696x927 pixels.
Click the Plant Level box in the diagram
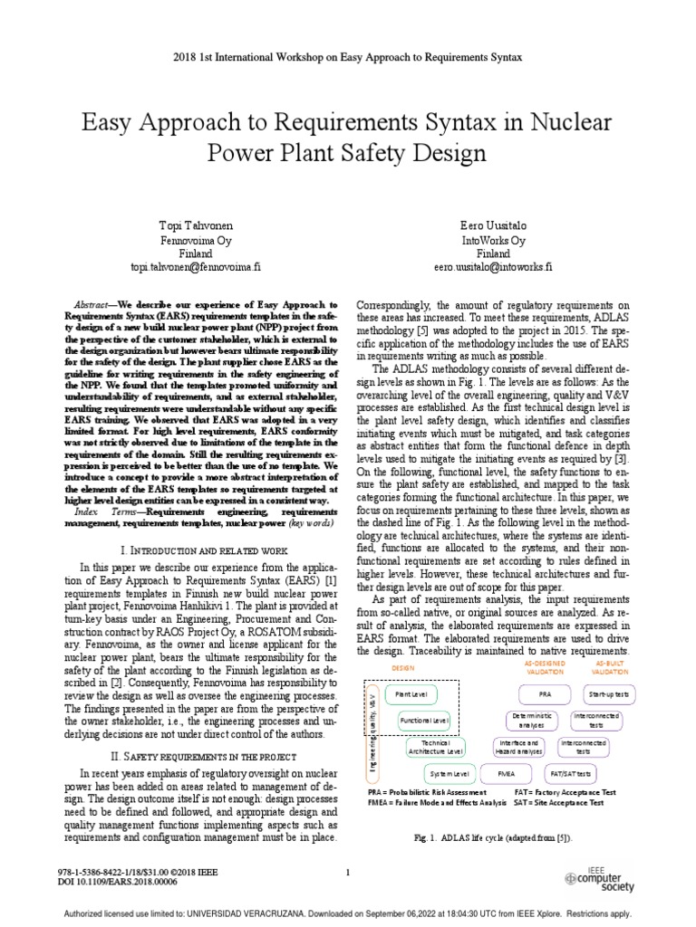[407, 694]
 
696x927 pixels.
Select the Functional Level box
[424, 721]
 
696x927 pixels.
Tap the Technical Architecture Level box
[436, 747]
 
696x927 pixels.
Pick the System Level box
[449, 774]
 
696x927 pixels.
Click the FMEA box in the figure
[507, 774]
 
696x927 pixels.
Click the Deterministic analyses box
[527, 721]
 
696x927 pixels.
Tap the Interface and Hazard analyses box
[518, 747]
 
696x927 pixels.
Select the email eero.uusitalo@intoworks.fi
[493, 268]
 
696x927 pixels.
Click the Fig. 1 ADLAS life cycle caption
[493, 838]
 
